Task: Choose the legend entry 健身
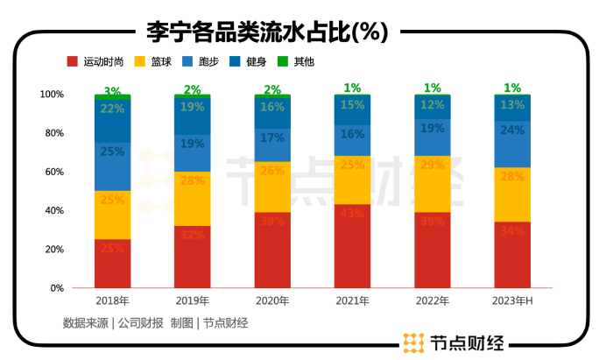pos(255,62)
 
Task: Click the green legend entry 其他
pos(303,62)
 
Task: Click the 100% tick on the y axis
pos(51,94)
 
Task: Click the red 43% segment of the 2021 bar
pos(352,246)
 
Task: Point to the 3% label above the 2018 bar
pos(112,90)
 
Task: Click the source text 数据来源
pos(79,322)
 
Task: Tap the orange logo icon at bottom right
pos(413,342)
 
